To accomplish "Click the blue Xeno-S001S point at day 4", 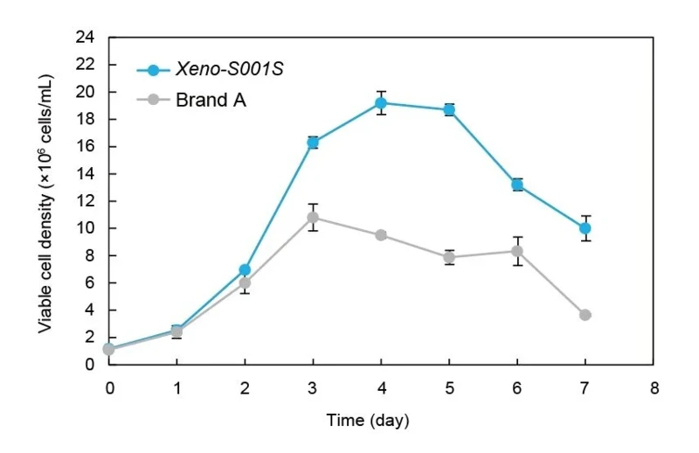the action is (x=381, y=103).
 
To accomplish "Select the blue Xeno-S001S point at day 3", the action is (x=313, y=143).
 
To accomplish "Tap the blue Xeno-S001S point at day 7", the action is (x=585, y=228).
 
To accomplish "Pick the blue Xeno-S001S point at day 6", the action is (x=517, y=185).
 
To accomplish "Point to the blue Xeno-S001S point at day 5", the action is (x=449, y=110).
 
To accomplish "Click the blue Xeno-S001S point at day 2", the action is (x=245, y=269).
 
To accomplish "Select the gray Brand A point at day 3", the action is (x=313, y=218).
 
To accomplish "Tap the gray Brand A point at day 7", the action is (x=585, y=315).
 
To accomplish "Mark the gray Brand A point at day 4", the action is (x=381, y=234).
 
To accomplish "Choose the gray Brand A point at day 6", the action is (x=517, y=251).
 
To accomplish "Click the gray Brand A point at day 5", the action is (x=449, y=257).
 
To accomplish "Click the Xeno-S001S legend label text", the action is (x=230, y=69).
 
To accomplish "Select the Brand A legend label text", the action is (x=211, y=100).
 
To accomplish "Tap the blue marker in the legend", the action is (x=154, y=70).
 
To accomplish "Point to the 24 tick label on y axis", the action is (x=85, y=37).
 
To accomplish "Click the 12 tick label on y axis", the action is (x=85, y=201).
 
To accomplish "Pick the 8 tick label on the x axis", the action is (x=654, y=388).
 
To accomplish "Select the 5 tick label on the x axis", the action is (x=449, y=388).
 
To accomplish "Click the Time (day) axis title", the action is (x=368, y=421).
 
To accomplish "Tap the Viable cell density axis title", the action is (x=45, y=204).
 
